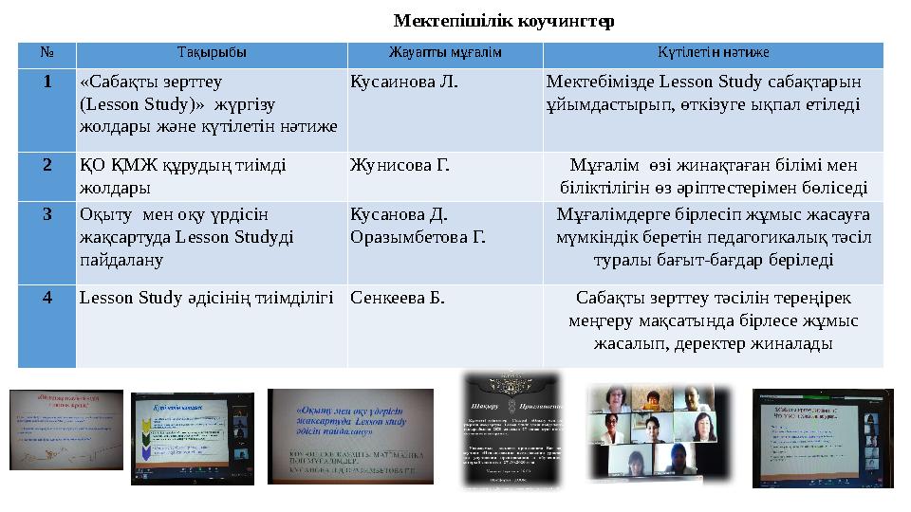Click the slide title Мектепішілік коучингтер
tap(504, 20)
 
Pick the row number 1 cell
tap(46, 82)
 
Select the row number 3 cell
tap(46, 213)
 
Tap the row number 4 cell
tap(46, 298)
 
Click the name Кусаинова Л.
tap(404, 82)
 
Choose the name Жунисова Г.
tap(400, 165)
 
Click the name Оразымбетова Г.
tap(418, 235)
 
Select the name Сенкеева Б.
tap(398, 298)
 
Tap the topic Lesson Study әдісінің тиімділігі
tap(207, 298)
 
